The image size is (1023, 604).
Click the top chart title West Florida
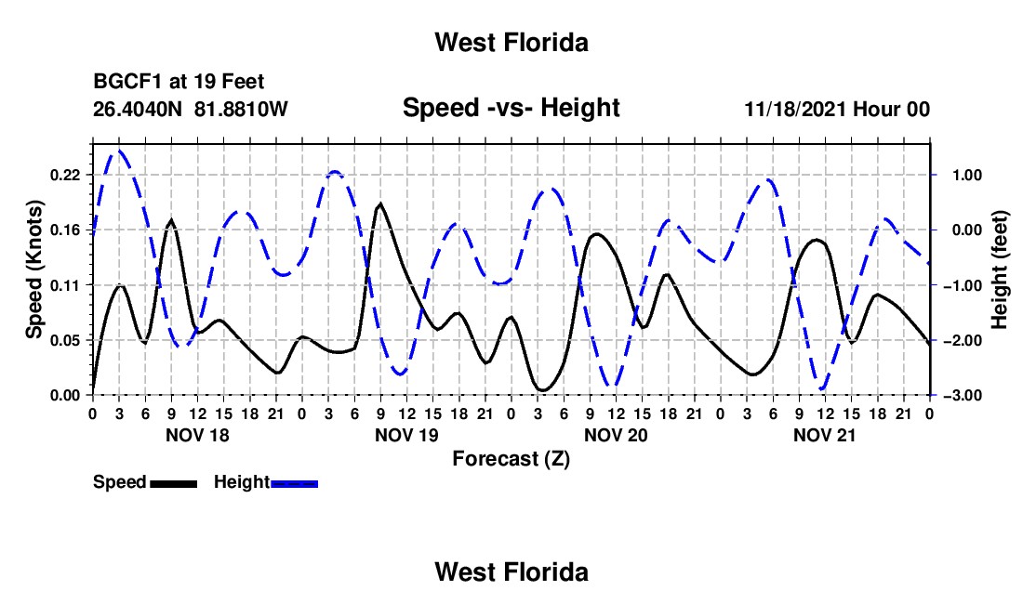point(511,43)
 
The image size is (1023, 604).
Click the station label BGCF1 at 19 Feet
point(179,82)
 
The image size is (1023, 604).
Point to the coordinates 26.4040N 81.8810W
point(190,109)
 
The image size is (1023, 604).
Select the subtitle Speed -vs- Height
point(511,108)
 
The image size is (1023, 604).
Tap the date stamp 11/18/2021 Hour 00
point(837,109)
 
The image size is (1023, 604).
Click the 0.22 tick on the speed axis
point(64,175)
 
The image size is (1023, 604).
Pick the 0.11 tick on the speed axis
point(64,285)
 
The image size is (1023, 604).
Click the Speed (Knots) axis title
point(33,269)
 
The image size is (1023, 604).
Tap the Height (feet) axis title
point(999,269)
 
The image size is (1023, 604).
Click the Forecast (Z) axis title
point(511,459)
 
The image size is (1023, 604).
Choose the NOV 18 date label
point(197,435)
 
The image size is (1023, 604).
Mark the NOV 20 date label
point(616,435)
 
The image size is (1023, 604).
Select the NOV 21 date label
point(824,435)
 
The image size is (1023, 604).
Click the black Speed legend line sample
point(174,483)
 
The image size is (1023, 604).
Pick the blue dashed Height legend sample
point(294,483)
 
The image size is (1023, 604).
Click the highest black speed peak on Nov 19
point(380,204)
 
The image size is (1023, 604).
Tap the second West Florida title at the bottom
point(511,572)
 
